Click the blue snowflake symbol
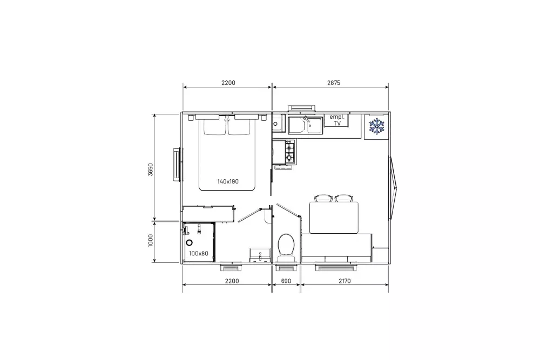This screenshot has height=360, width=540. pyautogui.click(x=376, y=126)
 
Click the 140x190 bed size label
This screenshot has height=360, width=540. pyautogui.click(x=228, y=181)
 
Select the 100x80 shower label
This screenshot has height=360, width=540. pyautogui.click(x=199, y=254)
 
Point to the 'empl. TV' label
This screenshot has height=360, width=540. pyautogui.click(x=337, y=120)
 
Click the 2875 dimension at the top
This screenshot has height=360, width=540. pyautogui.click(x=333, y=83)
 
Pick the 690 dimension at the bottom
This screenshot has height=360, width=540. pyautogui.click(x=286, y=281)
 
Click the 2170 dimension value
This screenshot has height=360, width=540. pyautogui.click(x=345, y=281)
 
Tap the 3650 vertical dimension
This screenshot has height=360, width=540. pyautogui.click(x=151, y=169)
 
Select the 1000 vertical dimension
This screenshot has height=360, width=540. pyautogui.click(x=151, y=241)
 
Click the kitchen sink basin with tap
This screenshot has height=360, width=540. pyautogui.click(x=305, y=125)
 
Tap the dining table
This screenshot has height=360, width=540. pyautogui.click(x=334, y=218)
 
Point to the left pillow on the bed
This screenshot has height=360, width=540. pyautogui.click(x=215, y=127)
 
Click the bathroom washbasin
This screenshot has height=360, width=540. pyautogui.click(x=260, y=255)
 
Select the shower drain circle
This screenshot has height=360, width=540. pyautogui.click(x=189, y=243)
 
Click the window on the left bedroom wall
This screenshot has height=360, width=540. pyautogui.click(x=177, y=164)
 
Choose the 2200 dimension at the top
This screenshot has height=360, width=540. pyautogui.click(x=228, y=83)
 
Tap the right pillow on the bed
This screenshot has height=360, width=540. pyautogui.click(x=239, y=127)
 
